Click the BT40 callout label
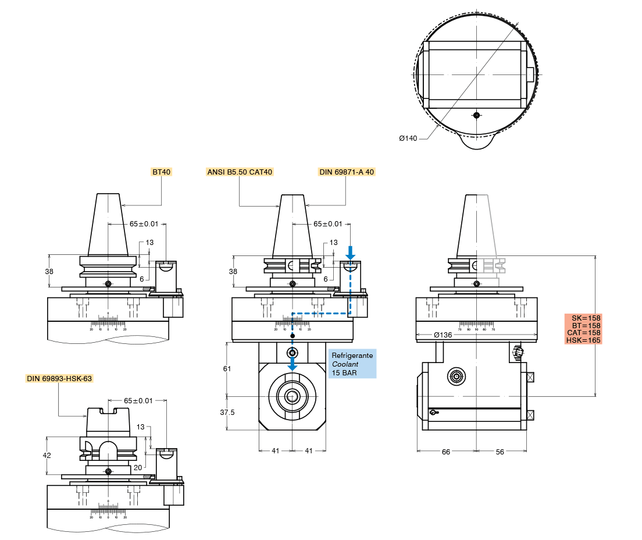160,172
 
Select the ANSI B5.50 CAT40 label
240,172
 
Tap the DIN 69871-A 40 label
347,172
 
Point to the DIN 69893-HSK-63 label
59,379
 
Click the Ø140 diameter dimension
408,138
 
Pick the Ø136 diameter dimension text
443,335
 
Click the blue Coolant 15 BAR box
352,364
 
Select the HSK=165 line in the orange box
583,340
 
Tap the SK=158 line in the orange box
583,318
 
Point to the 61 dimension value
227,368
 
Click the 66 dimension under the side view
446,452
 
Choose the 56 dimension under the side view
500,452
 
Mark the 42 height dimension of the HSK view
48,456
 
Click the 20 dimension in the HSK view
137,467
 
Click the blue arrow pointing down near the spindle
293,365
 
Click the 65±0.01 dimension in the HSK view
138,401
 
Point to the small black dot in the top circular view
476,115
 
